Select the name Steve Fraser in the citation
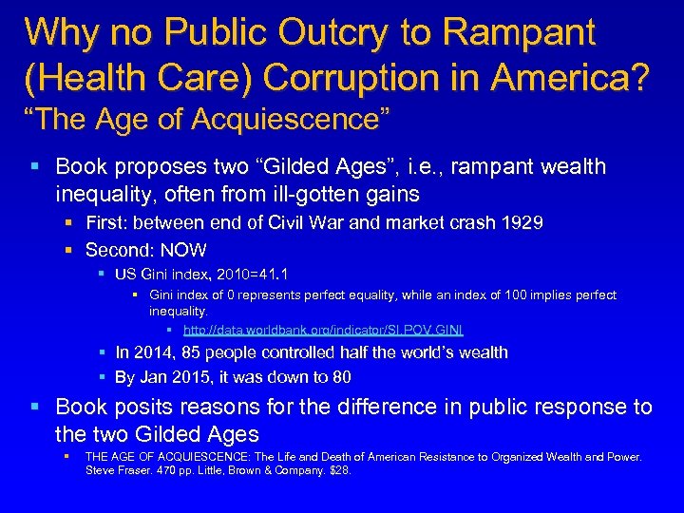115,469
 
